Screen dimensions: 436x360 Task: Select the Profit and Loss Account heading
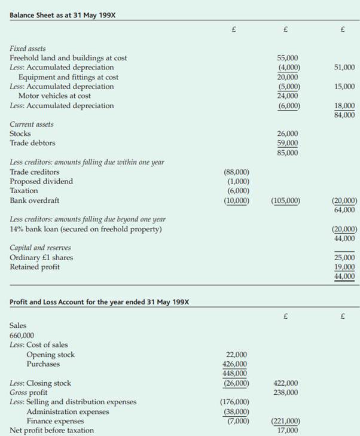click(99, 301)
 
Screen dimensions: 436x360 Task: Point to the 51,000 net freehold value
click(344, 68)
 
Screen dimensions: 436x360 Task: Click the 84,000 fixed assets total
click(344, 115)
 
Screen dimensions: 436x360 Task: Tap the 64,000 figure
click(344, 210)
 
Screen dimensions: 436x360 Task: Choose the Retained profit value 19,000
click(344, 267)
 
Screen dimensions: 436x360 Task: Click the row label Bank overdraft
click(35, 200)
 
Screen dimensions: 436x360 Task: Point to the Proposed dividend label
click(41, 181)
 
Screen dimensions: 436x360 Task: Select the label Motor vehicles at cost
click(54, 96)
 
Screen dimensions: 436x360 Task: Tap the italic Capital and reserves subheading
click(39, 248)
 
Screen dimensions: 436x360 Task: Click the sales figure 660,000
click(22, 335)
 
